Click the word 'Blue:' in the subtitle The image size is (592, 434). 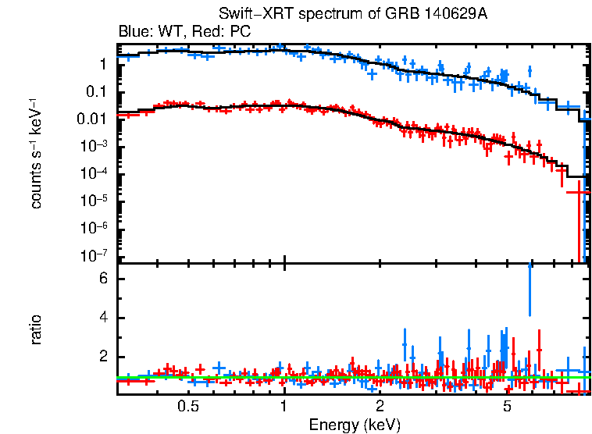click(134, 32)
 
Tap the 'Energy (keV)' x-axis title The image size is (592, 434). click(355, 425)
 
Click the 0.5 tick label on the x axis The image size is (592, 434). click(187, 407)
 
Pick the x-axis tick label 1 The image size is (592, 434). click(284, 407)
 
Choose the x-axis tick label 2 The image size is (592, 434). click(380, 407)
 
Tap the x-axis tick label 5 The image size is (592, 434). click(507, 407)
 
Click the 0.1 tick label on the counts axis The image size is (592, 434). click(97, 92)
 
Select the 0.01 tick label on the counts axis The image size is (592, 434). click(93, 119)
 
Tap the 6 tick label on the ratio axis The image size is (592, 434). click(102, 279)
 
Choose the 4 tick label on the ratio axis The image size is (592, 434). click(102, 318)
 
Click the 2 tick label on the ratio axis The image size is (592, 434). click(102, 358)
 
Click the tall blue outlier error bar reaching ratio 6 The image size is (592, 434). click(530, 289)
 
